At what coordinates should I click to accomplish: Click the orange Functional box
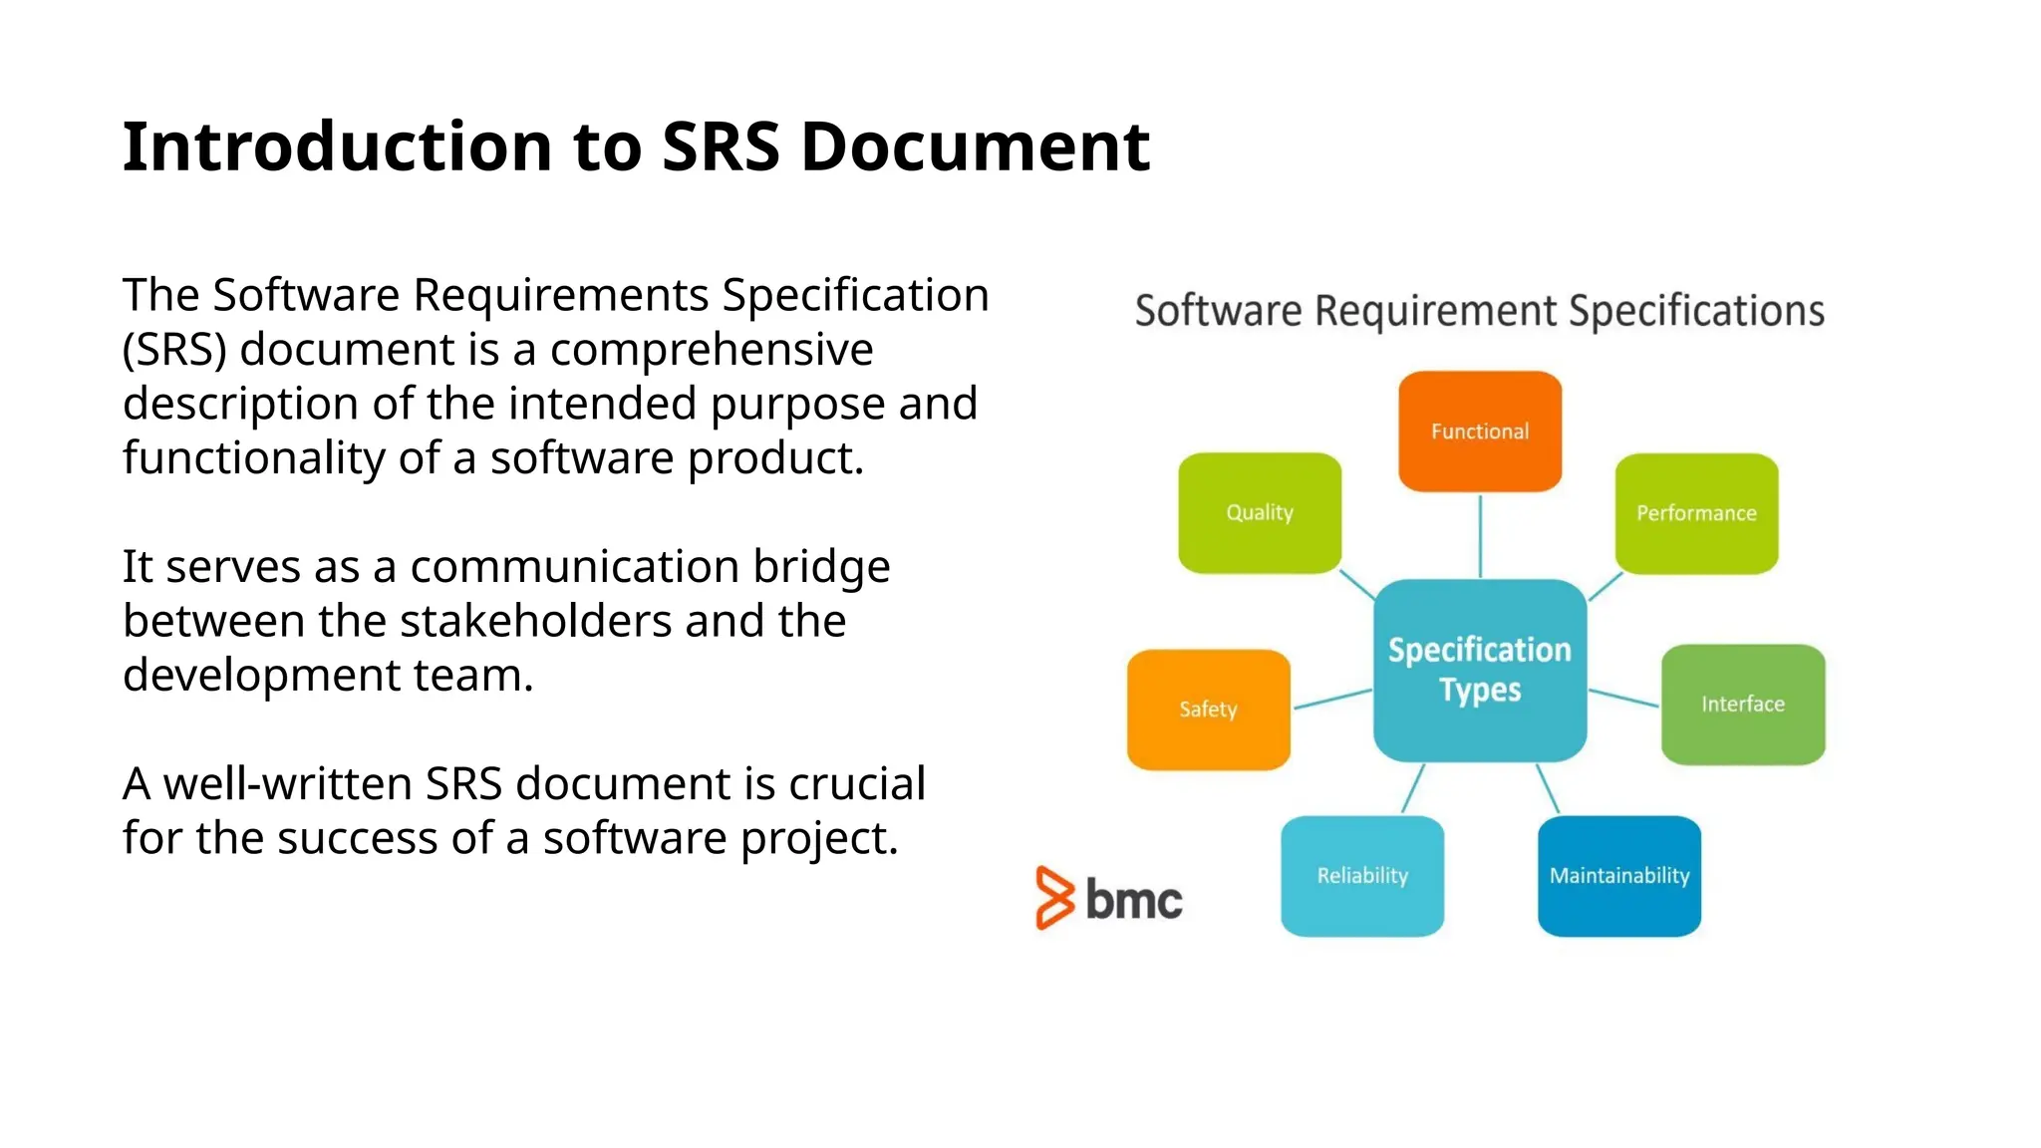click(x=1479, y=430)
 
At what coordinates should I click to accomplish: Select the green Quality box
click(x=1259, y=512)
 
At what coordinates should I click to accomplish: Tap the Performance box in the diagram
click(x=1695, y=513)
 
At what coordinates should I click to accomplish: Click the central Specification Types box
click(x=1479, y=670)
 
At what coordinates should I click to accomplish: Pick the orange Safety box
click(x=1208, y=709)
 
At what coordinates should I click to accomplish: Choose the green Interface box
click(x=1742, y=704)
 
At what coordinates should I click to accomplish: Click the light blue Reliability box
click(x=1361, y=875)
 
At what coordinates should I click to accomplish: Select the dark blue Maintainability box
click(x=1618, y=875)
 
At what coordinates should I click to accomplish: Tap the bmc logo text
click(x=1133, y=900)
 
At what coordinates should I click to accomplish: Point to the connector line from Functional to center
click(x=1480, y=535)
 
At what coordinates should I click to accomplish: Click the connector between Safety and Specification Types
click(x=1332, y=699)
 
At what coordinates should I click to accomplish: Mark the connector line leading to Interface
click(x=1623, y=698)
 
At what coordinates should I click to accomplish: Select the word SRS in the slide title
click(x=720, y=146)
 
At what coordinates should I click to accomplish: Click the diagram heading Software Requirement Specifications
click(x=1479, y=311)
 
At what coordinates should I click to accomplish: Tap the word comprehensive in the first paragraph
click(x=711, y=350)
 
